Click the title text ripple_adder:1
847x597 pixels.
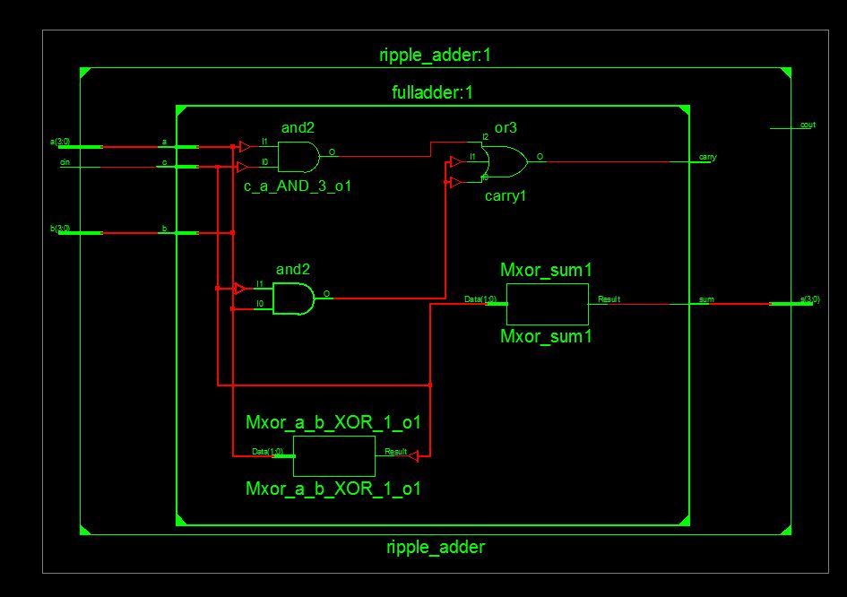tap(435, 56)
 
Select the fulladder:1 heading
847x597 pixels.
tap(435, 92)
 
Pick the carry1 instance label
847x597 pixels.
tap(504, 195)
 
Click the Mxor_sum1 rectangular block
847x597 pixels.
tap(547, 304)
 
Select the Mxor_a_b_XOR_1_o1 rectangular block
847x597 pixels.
tap(333, 456)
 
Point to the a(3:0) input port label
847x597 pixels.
tap(60, 142)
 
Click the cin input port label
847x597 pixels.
tap(65, 162)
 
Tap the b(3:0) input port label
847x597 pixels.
tap(60, 228)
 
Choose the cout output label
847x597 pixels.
tap(808, 125)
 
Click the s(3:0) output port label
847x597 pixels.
tap(809, 298)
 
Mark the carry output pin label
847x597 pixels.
tap(707, 158)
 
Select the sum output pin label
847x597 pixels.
tap(706, 299)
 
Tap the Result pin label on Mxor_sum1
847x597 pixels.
tap(609, 298)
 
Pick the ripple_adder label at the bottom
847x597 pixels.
tap(435, 547)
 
